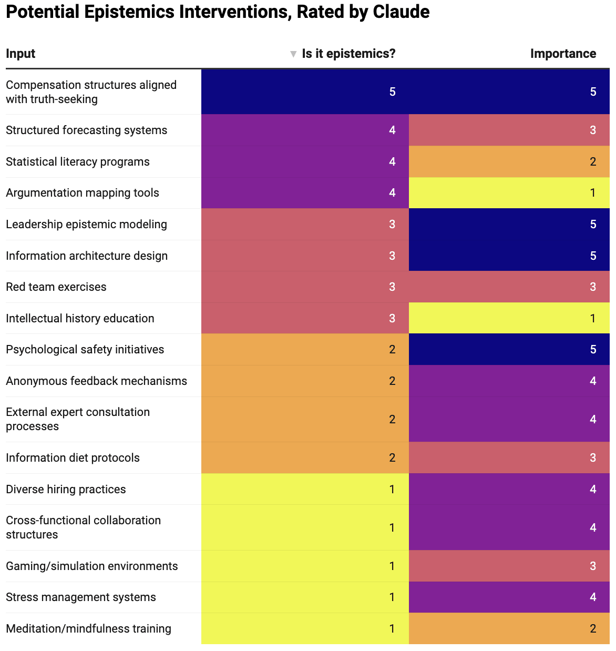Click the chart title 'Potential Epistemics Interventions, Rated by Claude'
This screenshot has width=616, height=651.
[x=218, y=12]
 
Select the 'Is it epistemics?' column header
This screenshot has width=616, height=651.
[x=348, y=54]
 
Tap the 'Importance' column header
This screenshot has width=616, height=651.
[x=563, y=54]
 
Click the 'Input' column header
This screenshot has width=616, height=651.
[x=20, y=54]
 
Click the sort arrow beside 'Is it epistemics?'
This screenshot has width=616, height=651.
[x=293, y=54]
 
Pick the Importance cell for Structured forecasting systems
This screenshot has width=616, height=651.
[x=509, y=130]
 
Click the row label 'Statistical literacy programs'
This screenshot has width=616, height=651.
[x=78, y=162]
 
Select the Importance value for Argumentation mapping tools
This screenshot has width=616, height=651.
[x=593, y=193]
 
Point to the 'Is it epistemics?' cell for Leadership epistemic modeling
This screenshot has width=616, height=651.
[x=305, y=225]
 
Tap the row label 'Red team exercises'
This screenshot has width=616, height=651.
[x=56, y=287]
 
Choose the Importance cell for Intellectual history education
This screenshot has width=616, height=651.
[x=509, y=318]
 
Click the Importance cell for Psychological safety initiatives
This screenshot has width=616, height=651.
[x=509, y=350]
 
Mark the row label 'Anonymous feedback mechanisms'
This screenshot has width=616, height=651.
[x=97, y=381]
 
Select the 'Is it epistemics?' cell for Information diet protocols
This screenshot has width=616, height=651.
[x=305, y=458]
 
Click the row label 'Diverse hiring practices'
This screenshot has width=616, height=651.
[x=66, y=490]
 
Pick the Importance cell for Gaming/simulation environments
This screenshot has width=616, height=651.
[x=509, y=566]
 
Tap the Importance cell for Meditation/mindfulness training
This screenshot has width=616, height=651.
[x=509, y=629]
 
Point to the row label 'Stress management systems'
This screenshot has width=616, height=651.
[x=81, y=597]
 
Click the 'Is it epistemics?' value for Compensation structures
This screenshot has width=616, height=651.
[x=392, y=92]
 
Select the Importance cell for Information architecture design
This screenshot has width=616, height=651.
[x=509, y=256]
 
